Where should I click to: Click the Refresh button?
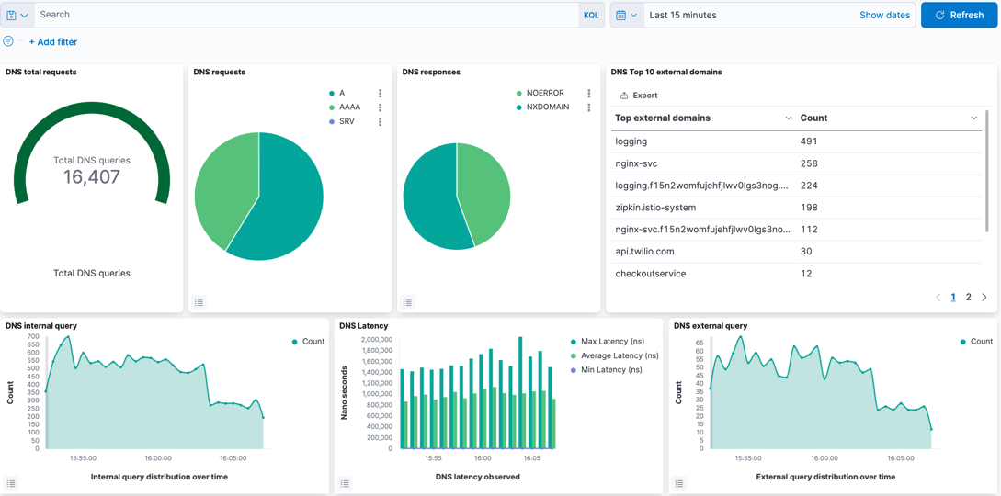tap(959, 15)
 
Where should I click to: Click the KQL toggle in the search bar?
tap(591, 15)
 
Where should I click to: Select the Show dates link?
tap(884, 15)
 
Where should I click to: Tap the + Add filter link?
tap(53, 42)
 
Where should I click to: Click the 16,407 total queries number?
tap(92, 177)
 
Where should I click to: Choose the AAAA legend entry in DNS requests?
tap(349, 107)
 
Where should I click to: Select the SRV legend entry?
tap(347, 121)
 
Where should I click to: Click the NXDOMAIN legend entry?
tap(547, 107)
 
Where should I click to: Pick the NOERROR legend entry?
tap(544, 93)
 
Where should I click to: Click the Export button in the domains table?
tap(639, 96)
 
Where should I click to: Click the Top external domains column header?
tap(662, 118)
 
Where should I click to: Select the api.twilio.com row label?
tap(644, 252)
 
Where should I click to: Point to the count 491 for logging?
tap(809, 141)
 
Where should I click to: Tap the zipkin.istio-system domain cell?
tap(655, 208)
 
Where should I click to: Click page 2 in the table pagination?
tap(968, 298)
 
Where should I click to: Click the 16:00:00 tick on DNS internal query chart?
tap(157, 457)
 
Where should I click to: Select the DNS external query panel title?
tap(710, 326)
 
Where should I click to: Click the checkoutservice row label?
tap(650, 274)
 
